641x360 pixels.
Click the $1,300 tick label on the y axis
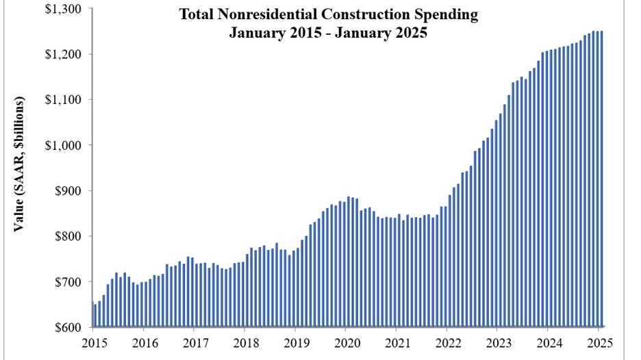(63, 9)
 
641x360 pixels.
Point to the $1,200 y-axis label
(63, 54)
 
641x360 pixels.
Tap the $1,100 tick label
(63, 100)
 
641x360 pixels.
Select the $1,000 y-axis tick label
(63, 145)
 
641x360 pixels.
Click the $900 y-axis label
(68, 191)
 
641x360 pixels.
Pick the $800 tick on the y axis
(68, 236)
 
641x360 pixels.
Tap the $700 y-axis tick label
(68, 282)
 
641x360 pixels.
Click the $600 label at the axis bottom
(68, 327)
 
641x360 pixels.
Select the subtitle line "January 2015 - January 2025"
(328, 32)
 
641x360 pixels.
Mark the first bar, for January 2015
(92, 315)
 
